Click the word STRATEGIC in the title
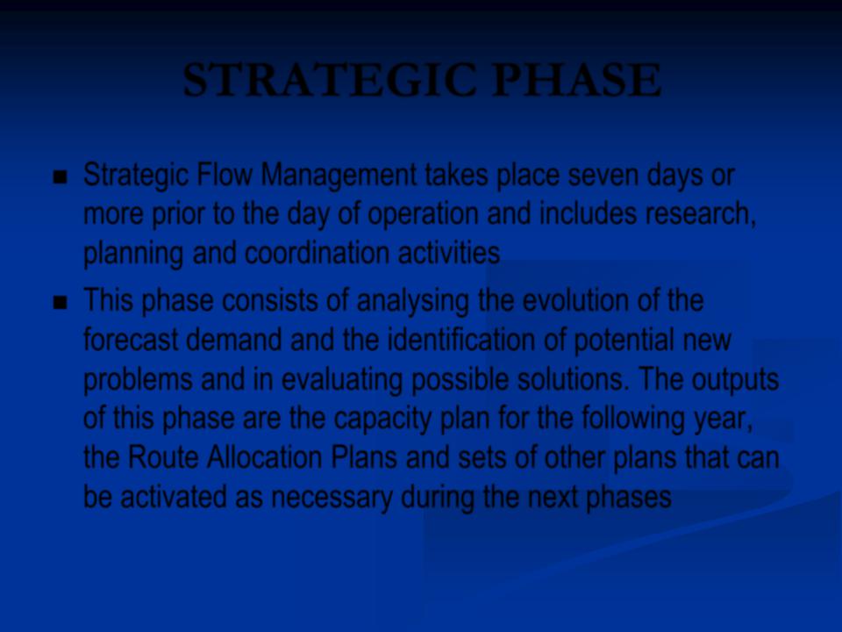[330, 80]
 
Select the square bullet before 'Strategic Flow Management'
[61, 177]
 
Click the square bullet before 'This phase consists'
[61, 303]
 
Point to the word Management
[339, 176]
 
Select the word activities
[449, 253]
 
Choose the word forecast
[131, 340]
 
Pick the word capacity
[382, 420]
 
